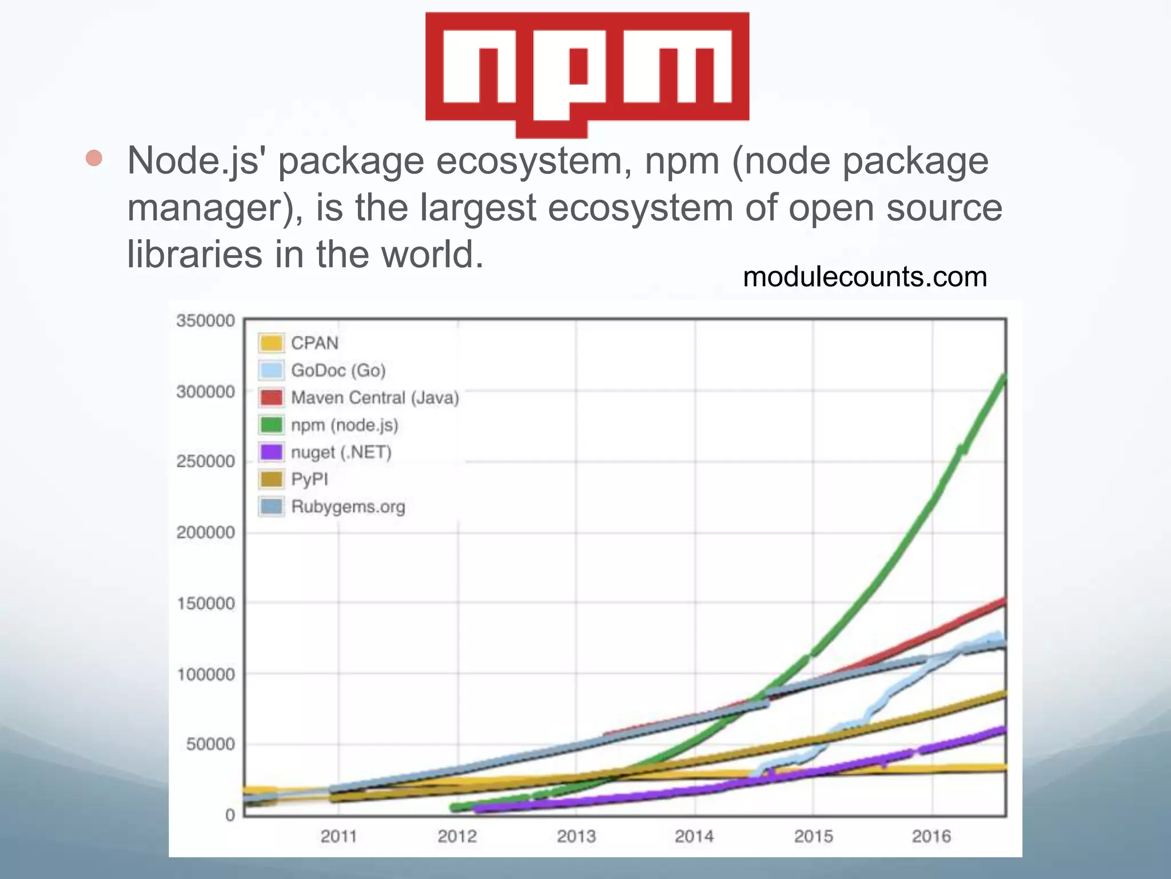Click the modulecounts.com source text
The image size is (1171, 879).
(865, 277)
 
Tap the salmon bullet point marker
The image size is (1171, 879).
(94, 159)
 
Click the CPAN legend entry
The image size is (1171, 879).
(314, 343)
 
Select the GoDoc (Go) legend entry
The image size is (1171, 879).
(337, 370)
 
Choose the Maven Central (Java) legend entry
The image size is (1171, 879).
(375, 397)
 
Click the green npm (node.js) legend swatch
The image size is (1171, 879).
(271, 425)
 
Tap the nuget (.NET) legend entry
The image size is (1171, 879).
(341, 452)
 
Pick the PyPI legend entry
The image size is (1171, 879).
(309, 479)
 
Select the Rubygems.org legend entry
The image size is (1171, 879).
(348, 506)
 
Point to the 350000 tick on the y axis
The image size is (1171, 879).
(206, 320)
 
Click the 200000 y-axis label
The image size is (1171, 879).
(206, 532)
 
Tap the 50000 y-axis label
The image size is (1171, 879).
(210, 744)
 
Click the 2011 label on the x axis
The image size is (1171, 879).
(338, 836)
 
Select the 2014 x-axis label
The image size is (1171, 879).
(694, 836)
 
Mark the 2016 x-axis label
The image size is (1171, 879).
(931, 836)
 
